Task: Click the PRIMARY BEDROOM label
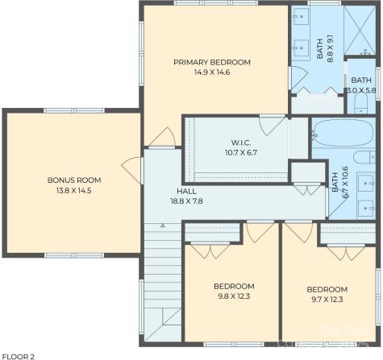pos(212,62)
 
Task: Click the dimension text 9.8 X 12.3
pos(233,296)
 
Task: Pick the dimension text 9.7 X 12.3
pos(327,300)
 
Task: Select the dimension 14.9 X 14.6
pos(212,72)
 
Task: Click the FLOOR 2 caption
pos(18,355)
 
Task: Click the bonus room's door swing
pos(129,170)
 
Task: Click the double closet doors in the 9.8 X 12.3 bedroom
pos(213,250)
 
